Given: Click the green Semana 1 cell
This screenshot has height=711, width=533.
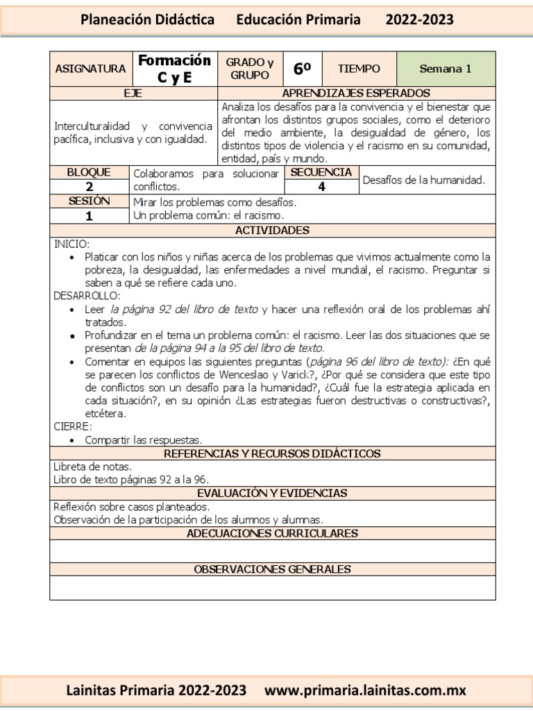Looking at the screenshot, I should (x=446, y=69).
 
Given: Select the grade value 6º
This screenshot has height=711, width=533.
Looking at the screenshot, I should (x=302, y=69).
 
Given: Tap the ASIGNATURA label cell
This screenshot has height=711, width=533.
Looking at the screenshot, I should (x=90, y=69).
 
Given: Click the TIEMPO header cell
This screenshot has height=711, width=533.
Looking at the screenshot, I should (x=359, y=69).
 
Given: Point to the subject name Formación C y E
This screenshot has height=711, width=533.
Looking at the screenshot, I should (x=174, y=69).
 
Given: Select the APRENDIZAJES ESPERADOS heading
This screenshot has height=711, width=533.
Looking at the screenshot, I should (x=356, y=93).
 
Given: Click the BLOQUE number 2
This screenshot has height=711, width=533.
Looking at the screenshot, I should (x=90, y=186).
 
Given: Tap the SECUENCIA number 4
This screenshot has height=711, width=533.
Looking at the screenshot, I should (x=322, y=186).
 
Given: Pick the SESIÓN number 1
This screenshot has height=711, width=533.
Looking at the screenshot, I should (x=90, y=215).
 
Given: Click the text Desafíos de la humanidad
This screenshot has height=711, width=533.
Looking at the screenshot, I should (x=423, y=180).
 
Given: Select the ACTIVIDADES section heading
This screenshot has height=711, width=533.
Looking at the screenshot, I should (x=272, y=230).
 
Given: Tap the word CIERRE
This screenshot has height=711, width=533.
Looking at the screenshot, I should (x=72, y=426).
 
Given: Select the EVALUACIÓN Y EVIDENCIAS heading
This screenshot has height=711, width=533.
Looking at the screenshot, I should (x=272, y=493).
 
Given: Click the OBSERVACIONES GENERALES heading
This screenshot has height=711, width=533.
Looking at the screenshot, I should (x=272, y=569).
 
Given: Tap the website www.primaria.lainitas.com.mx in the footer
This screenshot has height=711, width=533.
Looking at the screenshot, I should (x=366, y=690).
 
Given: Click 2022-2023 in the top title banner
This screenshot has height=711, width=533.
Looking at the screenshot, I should (x=419, y=19).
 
